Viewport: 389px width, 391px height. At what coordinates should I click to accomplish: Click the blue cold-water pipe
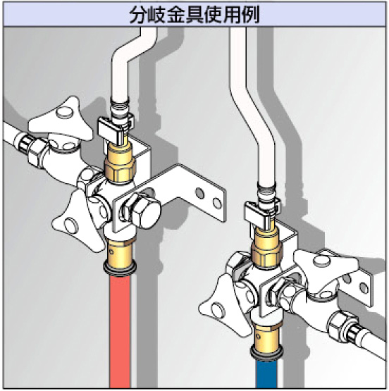tap(266, 374)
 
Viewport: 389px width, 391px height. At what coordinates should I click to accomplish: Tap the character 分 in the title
tap(139, 15)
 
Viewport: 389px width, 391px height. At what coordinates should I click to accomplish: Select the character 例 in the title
tap(251, 15)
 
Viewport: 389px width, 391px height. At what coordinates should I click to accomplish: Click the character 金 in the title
tap(176, 15)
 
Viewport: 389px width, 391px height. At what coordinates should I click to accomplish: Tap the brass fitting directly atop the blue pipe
tap(266, 342)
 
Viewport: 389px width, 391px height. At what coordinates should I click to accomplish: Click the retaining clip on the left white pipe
tap(115, 128)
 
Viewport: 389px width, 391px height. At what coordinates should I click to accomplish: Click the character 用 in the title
tap(232, 15)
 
